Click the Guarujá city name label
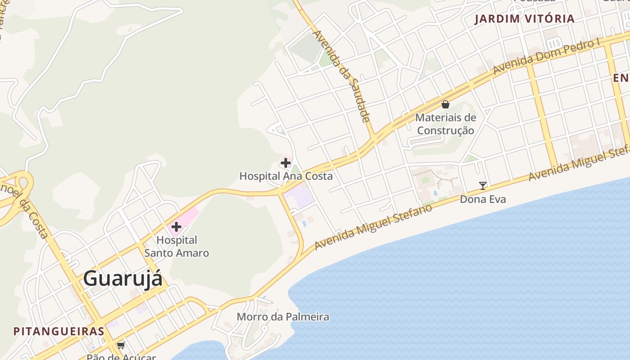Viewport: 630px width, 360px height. (x=122, y=278)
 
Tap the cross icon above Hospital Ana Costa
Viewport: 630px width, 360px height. (x=286, y=163)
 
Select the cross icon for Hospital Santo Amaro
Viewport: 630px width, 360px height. (x=176, y=227)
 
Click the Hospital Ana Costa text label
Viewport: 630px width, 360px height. (x=286, y=176)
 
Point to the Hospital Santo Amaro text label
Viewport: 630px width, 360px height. (x=176, y=247)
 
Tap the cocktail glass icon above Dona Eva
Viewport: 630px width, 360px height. (x=483, y=185)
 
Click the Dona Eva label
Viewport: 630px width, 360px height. (x=483, y=199)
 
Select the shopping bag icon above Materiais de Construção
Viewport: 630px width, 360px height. (x=445, y=104)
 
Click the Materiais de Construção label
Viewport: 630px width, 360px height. (x=445, y=124)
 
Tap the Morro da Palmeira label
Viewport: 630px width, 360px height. (x=283, y=317)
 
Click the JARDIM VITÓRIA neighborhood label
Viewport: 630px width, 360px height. (x=524, y=19)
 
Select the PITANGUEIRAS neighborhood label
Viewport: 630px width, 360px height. (x=58, y=332)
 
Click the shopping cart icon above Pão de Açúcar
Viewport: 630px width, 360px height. (x=121, y=346)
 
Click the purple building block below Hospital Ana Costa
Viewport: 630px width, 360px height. (x=298, y=196)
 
